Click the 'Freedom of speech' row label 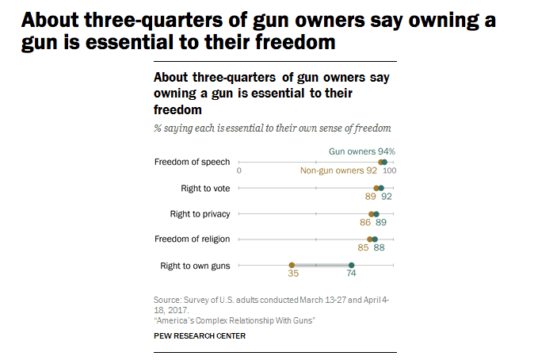pyautogui.click(x=192, y=162)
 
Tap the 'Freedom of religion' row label pyautogui.click(x=193, y=239)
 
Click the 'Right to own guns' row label pyautogui.click(x=195, y=266)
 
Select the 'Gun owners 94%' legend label pyautogui.click(x=361, y=151)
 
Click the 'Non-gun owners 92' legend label pyautogui.click(x=338, y=170)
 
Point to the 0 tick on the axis pyautogui.click(x=238, y=170)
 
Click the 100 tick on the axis pyautogui.click(x=390, y=170)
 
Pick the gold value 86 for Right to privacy pyautogui.click(x=365, y=224)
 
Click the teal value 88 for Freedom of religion pyautogui.click(x=380, y=248)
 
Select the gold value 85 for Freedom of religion pyautogui.click(x=363, y=248)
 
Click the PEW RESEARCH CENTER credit pyautogui.click(x=200, y=335)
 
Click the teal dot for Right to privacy pyautogui.click(x=376, y=214)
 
